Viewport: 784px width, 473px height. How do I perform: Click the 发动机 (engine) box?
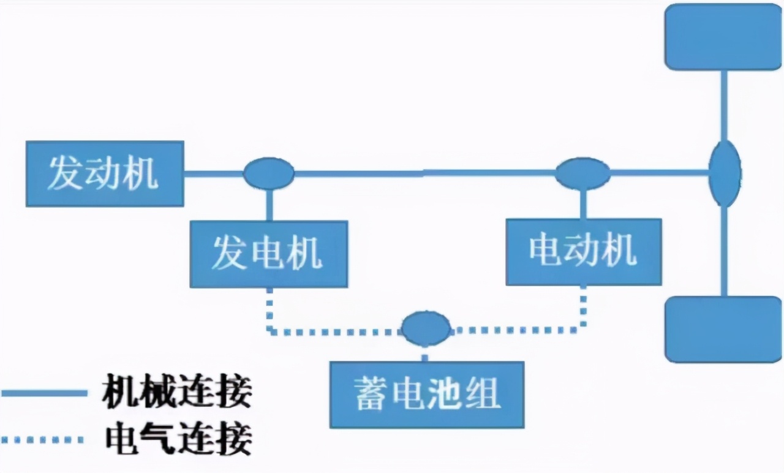point(104,173)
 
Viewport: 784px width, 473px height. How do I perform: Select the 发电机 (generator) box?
point(268,254)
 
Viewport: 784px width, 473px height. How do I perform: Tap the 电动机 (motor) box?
point(583,251)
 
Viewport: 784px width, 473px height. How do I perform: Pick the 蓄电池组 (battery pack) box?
point(427,394)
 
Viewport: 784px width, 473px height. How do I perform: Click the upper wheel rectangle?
point(723,36)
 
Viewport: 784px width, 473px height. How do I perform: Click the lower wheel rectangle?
point(723,329)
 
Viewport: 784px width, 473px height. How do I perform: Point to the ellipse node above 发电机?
point(268,173)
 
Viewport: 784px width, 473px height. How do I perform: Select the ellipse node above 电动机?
point(582,173)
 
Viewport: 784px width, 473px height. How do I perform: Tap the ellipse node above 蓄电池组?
point(426,328)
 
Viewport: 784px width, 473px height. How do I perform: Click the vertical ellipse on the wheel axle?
point(725,173)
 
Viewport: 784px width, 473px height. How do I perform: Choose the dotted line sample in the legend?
point(43,439)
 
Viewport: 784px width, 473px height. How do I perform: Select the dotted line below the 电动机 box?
point(582,309)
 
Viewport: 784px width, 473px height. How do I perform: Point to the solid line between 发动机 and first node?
point(213,173)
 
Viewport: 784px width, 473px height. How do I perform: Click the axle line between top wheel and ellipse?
point(724,104)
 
